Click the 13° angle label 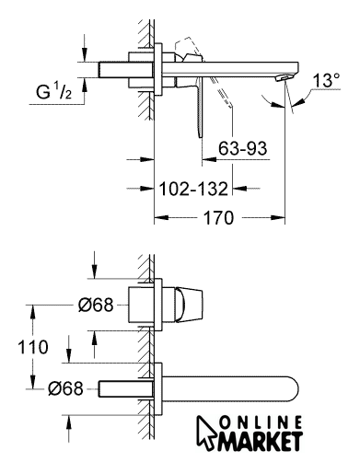326,80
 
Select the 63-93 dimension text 242,148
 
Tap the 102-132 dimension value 193,189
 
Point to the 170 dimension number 218,218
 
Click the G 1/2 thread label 53,91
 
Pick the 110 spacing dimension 33,347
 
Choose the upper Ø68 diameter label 96,305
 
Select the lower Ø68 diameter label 65,388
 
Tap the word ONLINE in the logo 261,423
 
